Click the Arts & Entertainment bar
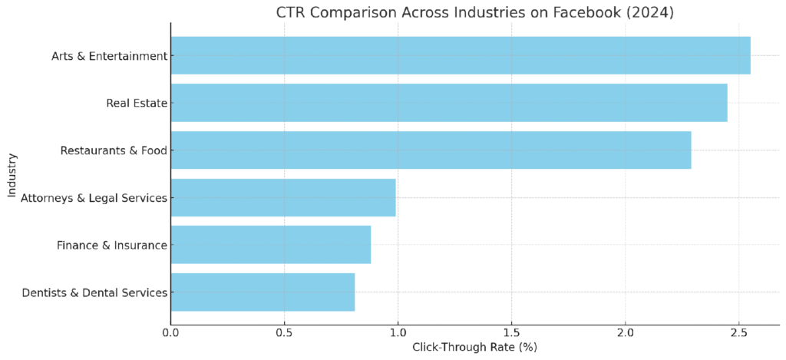(461, 56)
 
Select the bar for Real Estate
(449, 103)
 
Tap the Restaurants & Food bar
(431, 150)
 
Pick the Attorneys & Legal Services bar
(283, 197)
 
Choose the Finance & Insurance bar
(271, 245)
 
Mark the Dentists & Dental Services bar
(263, 292)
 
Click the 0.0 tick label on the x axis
(171, 332)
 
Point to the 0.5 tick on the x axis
(284, 332)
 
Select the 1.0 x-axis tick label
(398, 332)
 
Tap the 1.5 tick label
(512, 332)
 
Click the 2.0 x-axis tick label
(625, 332)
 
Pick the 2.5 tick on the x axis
(739, 332)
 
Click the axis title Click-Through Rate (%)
(474, 347)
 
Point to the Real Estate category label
(137, 104)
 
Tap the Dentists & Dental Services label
(94, 292)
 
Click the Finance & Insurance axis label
(111, 245)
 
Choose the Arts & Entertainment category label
(109, 56)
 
